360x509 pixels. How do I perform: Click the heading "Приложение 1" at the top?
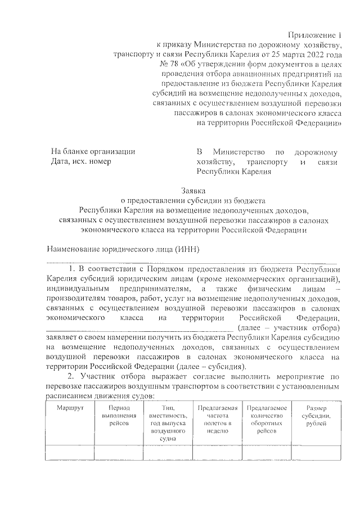[x=317, y=35]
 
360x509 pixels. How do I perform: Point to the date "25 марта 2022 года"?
[x=309, y=55]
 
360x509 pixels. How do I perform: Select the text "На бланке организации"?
[x=93, y=152]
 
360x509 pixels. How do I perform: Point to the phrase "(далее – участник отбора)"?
[x=289, y=327]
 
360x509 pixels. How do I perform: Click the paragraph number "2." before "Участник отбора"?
[x=71, y=376]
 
